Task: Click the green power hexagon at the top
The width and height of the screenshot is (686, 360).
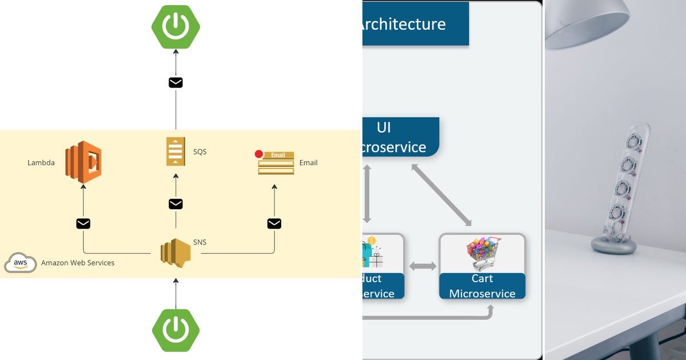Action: coord(176,26)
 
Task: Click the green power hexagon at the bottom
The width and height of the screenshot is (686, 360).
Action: coord(176,330)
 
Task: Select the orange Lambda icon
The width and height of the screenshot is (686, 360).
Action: coord(83,162)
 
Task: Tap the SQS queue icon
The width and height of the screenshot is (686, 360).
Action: coord(176,152)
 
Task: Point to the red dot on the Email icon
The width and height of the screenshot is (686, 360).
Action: coord(259,154)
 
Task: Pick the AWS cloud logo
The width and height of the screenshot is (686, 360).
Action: coord(21,263)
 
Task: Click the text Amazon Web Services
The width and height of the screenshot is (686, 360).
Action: coord(78,263)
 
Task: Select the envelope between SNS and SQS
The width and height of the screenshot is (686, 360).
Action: coord(176,204)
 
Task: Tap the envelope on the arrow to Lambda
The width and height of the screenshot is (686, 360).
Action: coord(83,223)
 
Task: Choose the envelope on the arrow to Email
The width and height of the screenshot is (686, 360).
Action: coord(274,223)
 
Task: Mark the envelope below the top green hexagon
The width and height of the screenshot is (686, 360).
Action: coord(176,83)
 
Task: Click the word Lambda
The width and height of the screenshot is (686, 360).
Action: coord(41,163)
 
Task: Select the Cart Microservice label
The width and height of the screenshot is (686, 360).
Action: coord(482,286)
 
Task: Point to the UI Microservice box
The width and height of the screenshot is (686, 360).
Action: coord(400,137)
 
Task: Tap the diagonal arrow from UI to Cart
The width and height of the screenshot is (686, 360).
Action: coord(441,194)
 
